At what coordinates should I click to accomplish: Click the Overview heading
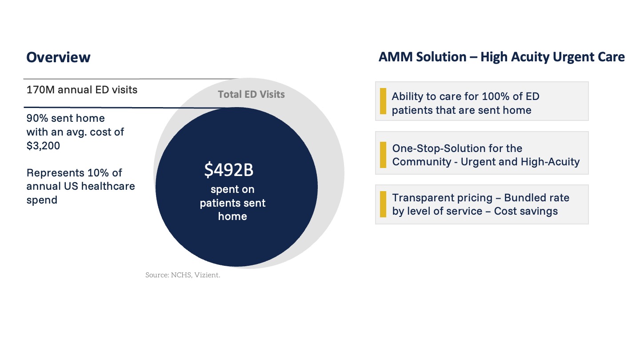pyautogui.click(x=58, y=57)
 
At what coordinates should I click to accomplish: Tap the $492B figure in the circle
pyautogui.click(x=229, y=170)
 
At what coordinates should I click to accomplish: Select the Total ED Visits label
pyautogui.click(x=251, y=94)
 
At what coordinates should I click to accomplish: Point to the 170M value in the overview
pyautogui.click(x=40, y=90)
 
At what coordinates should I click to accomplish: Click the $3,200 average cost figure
pyautogui.click(x=43, y=146)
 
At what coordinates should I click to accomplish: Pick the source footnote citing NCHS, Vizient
pyautogui.click(x=183, y=275)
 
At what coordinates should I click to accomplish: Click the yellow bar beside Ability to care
pyautogui.click(x=383, y=101)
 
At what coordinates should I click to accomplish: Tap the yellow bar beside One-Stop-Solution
pyautogui.click(x=383, y=155)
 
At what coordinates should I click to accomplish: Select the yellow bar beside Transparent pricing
pyautogui.click(x=383, y=204)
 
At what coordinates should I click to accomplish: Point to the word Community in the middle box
pyautogui.click(x=421, y=162)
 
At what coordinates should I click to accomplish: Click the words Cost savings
pyautogui.click(x=526, y=211)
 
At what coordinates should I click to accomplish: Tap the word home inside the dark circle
pyautogui.click(x=232, y=216)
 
